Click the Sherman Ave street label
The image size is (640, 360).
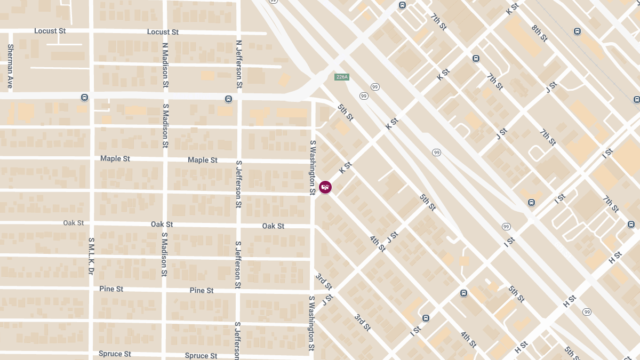pyautogui.click(x=10, y=66)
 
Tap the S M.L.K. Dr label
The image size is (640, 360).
pyautogui.click(x=91, y=257)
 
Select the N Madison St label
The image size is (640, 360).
pyautogui.click(x=165, y=65)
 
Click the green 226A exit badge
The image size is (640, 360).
pyautogui.click(x=342, y=77)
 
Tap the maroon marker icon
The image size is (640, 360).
pyautogui.click(x=325, y=187)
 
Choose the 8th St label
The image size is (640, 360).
pyautogui.click(x=540, y=33)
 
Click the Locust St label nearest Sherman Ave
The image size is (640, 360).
pyautogui.click(x=50, y=31)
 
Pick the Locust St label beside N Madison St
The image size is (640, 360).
pyautogui.click(x=163, y=32)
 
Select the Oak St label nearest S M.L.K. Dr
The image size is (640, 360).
pyautogui.click(x=74, y=223)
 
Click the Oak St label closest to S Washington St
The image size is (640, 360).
pyautogui.click(x=273, y=226)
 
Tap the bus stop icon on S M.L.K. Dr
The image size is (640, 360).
pyautogui.click(x=84, y=98)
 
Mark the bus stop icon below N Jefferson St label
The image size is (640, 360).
pyautogui.click(x=228, y=99)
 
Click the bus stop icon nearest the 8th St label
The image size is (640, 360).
pyautogui.click(x=577, y=31)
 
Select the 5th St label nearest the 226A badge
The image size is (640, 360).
pyautogui.click(x=346, y=112)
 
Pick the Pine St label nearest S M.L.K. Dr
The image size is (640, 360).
pyautogui.click(x=111, y=289)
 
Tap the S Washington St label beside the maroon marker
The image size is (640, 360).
pyautogui.click(x=313, y=167)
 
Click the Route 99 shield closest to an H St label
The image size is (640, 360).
pyautogui.click(x=587, y=311)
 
